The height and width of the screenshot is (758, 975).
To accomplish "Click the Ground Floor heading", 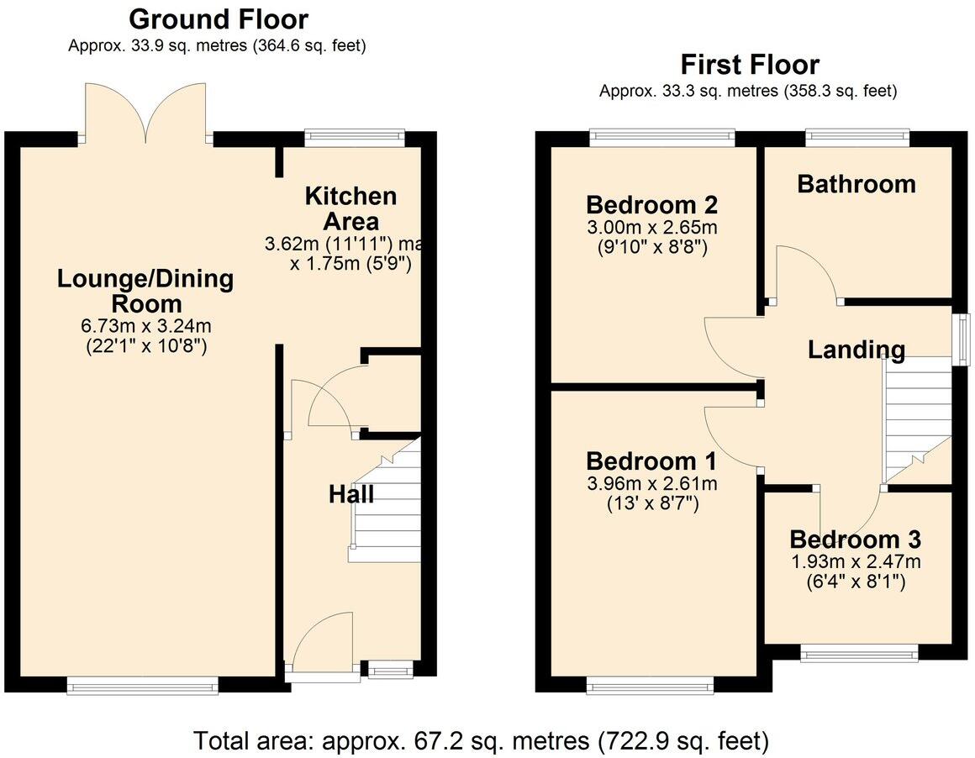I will (219, 18).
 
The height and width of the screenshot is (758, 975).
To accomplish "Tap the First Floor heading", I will (749, 65).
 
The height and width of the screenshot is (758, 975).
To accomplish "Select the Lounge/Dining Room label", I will (145, 291).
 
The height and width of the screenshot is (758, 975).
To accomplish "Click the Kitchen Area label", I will (350, 209).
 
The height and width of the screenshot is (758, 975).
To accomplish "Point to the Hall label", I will (350, 494).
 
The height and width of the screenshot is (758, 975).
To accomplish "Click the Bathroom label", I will (856, 184).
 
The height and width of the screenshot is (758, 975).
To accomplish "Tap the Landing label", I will (856, 350).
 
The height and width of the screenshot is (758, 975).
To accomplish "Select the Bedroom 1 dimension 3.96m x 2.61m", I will (651, 484).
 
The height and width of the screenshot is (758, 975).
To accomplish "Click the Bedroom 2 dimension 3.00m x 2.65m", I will (651, 228).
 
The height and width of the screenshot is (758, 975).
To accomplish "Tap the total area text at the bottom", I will (481, 741).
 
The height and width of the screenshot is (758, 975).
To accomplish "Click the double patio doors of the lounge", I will (145, 113).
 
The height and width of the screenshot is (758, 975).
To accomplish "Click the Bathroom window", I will (856, 134).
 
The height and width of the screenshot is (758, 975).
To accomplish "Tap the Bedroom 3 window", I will (858, 655).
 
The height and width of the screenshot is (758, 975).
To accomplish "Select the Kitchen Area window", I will (354, 134).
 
